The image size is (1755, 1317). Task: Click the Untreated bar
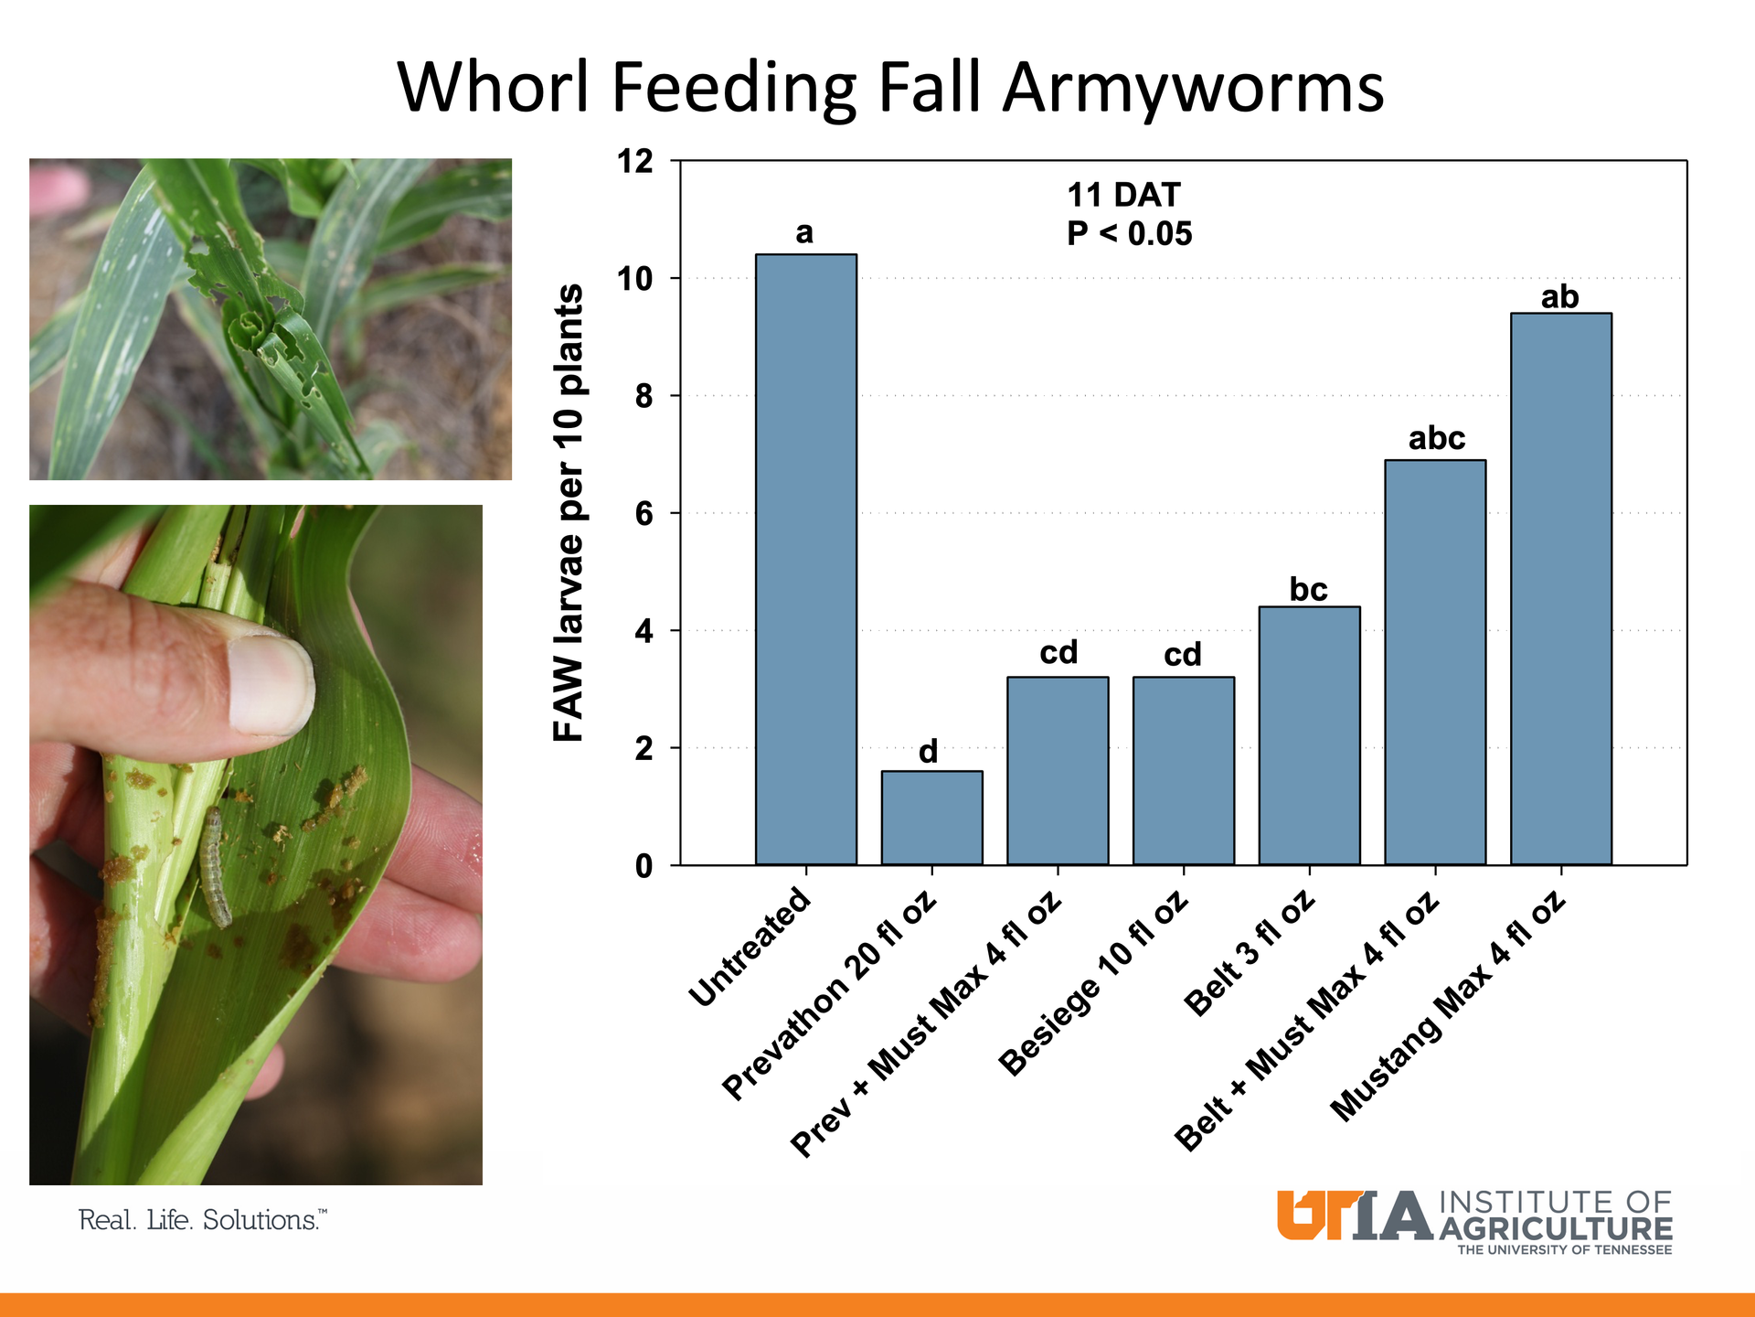click(x=805, y=559)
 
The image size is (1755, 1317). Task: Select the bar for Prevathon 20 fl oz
click(x=931, y=818)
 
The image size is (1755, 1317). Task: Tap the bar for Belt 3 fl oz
click(x=1309, y=735)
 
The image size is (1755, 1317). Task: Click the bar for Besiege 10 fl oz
click(x=1183, y=770)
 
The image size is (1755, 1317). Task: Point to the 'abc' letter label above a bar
click(x=1436, y=439)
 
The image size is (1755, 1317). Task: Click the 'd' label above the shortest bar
click(x=928, y=752)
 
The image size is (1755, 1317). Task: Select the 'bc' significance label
click(x=1308, y=590)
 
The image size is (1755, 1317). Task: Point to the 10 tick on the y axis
click(x=637, y=278)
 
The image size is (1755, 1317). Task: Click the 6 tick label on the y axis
click(x=644, y=513)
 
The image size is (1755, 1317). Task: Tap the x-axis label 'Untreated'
click(x=750, y=948)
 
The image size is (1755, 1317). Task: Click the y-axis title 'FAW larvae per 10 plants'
click(x=569, y=512)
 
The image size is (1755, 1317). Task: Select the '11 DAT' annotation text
click(x=1123, y=195)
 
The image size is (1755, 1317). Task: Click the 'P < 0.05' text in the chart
click(x=1129, y=234)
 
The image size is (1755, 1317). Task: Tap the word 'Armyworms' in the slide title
click(x=1193, y=88)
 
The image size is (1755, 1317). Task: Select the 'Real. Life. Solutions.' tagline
click(x=202, y=1220)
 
